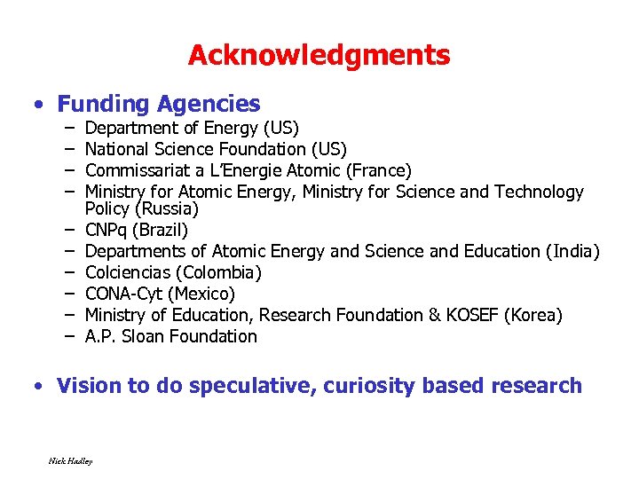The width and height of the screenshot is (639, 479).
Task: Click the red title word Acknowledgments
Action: (319, 56)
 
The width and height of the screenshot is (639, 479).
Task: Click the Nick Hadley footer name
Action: (71, 460)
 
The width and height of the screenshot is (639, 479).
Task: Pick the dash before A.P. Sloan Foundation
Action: (68, 336)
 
